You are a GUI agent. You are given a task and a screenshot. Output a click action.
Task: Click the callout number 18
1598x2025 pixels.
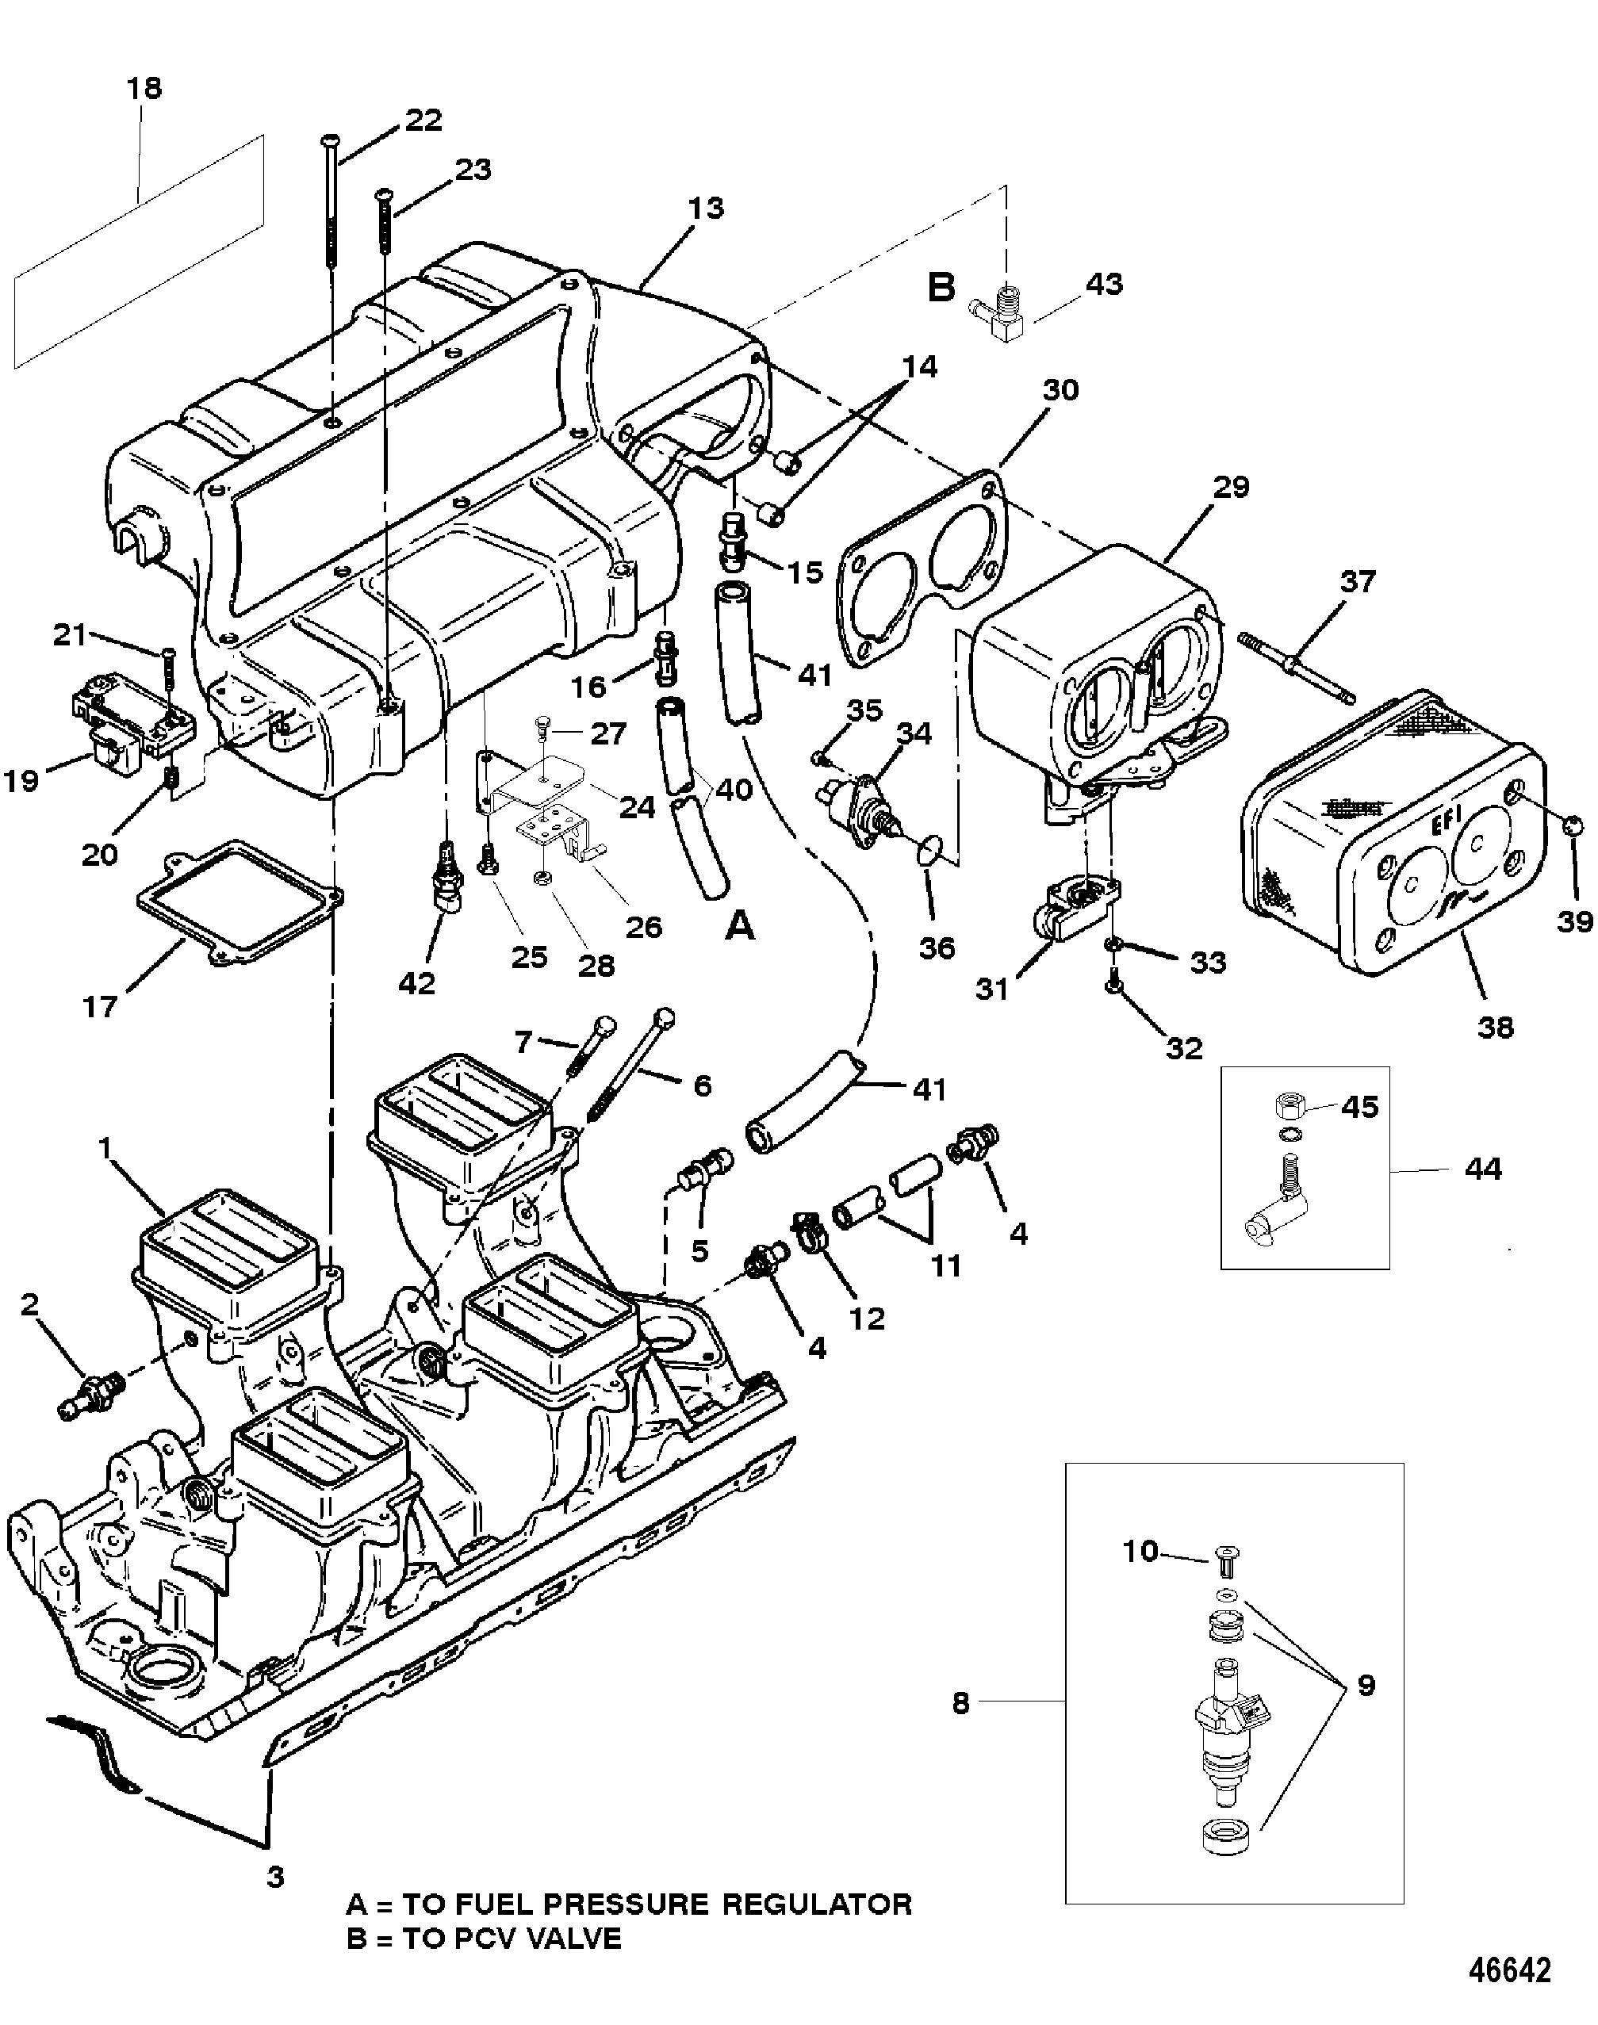pos(144,88)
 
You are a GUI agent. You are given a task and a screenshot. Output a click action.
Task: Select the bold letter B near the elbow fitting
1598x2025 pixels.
pos(941,288)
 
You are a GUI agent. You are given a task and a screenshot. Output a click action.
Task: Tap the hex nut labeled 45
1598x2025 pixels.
pos(1290,1107)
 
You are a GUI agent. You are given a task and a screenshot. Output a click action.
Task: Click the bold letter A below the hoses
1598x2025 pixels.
pos(740,926)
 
